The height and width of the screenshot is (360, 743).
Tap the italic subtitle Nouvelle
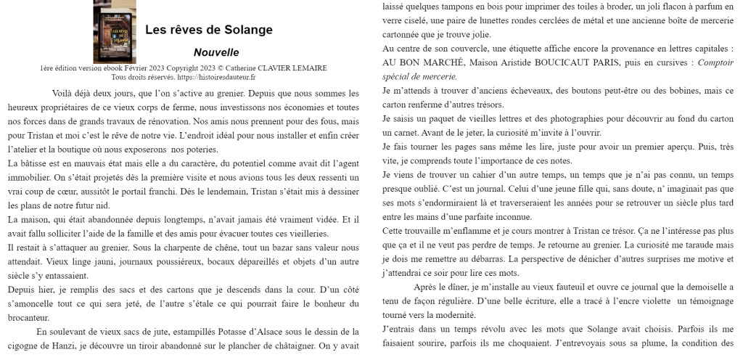tap(216, 52)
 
